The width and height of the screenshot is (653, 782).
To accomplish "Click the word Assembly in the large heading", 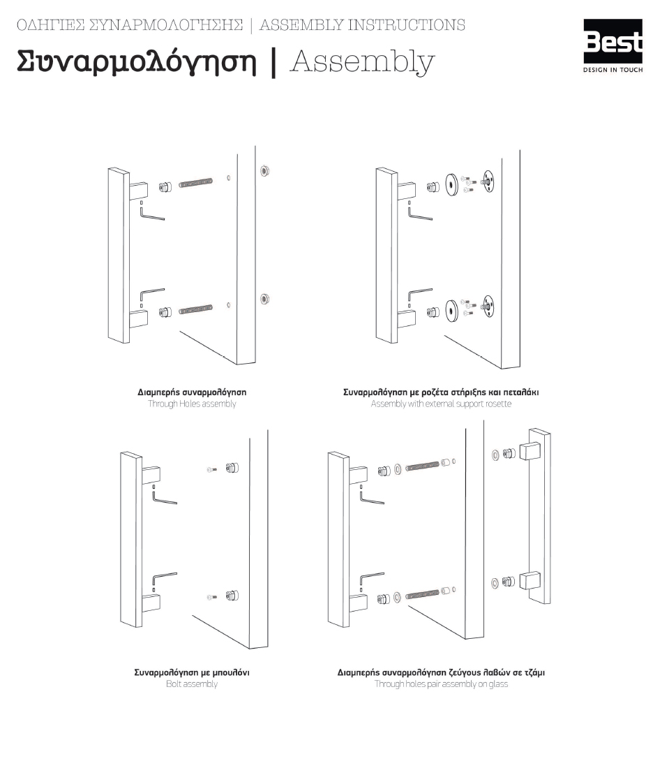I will pyautogui.click(x=361, y=61).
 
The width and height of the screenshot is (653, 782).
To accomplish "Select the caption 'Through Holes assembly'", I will pyautogui.click(x=192, y=404).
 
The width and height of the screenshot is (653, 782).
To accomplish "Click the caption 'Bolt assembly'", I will pyautogui.click(x=192, y=684).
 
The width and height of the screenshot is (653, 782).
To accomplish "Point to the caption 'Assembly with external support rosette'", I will pyautogui.click(x=441, y=404).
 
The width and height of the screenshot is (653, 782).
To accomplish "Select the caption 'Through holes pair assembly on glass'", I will pyautogui.click(x=441, y=684).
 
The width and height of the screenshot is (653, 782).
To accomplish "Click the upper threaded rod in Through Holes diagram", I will pyautogui.click(x=196, y=184).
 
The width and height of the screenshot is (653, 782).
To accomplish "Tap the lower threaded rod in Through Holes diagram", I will pyautogui.click(x=196, y=309).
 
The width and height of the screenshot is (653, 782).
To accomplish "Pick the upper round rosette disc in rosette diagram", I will pyautogui.click(x=451, y=184).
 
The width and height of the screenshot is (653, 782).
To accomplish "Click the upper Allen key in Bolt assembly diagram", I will pyautogui.click(x=163, y=498).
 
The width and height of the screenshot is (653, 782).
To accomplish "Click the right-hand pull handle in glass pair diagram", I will pyautogui.click(x=539, y=517).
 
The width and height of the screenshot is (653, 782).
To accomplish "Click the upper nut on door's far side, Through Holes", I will pyautogui.click(x=264, y=170).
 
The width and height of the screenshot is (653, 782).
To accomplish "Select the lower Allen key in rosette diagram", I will pyautogui.click(x=419, y=293).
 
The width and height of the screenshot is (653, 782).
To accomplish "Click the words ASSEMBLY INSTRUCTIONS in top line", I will pyautogui.click(x=362, y=25).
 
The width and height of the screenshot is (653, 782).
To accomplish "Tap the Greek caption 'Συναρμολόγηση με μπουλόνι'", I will pyautogui.click(x=192, y=672).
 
